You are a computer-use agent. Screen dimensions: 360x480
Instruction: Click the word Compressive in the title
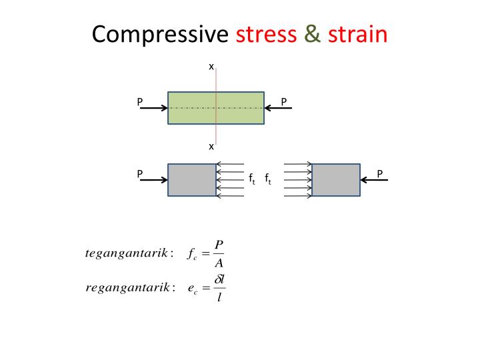(x=161, y=34)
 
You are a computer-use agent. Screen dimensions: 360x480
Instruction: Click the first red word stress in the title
(x=266, y=34)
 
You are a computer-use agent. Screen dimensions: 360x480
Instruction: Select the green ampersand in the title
(x=312, y=34)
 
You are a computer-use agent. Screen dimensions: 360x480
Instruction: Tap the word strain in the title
(x=357, y=34)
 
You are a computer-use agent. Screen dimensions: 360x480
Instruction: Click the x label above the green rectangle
(x=211, y=67)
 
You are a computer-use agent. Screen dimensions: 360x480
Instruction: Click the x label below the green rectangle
(x=211, y=146)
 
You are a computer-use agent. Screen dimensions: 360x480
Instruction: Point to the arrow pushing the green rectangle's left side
(x=153, y=108)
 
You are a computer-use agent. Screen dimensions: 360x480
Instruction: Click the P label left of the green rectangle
(x=140, y=102)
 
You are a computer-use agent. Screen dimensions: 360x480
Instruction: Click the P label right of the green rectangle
(x=284, y=102)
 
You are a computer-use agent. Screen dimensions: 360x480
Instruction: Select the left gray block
(x=192, y=180)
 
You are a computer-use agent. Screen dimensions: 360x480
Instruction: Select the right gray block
(x=336, y=180)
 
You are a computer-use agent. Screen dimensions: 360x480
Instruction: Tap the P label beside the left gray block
(x=140, y=174)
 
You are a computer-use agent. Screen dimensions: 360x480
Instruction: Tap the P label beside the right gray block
(x=380, y=174)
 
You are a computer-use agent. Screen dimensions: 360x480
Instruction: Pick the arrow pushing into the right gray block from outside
(x=375, y=180)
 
